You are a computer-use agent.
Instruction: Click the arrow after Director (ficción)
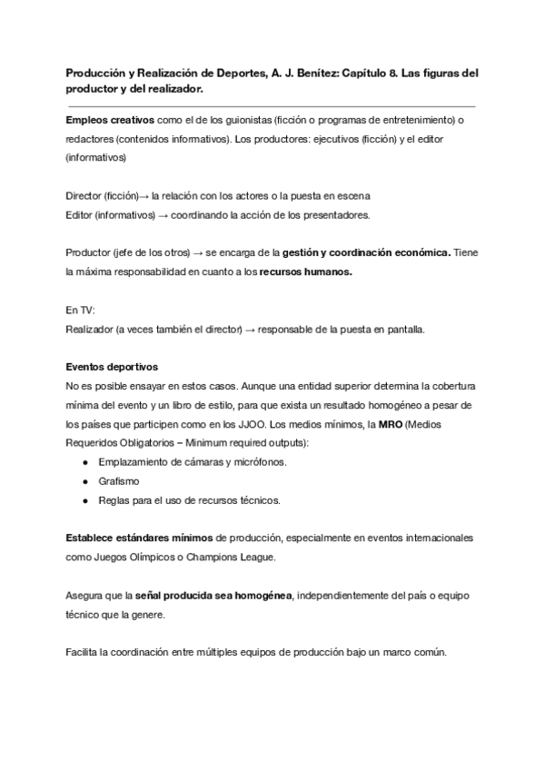[x=144, y=196]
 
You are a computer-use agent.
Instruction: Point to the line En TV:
[x=80, y=311]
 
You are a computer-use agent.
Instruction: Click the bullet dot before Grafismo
[x=84, y=481]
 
